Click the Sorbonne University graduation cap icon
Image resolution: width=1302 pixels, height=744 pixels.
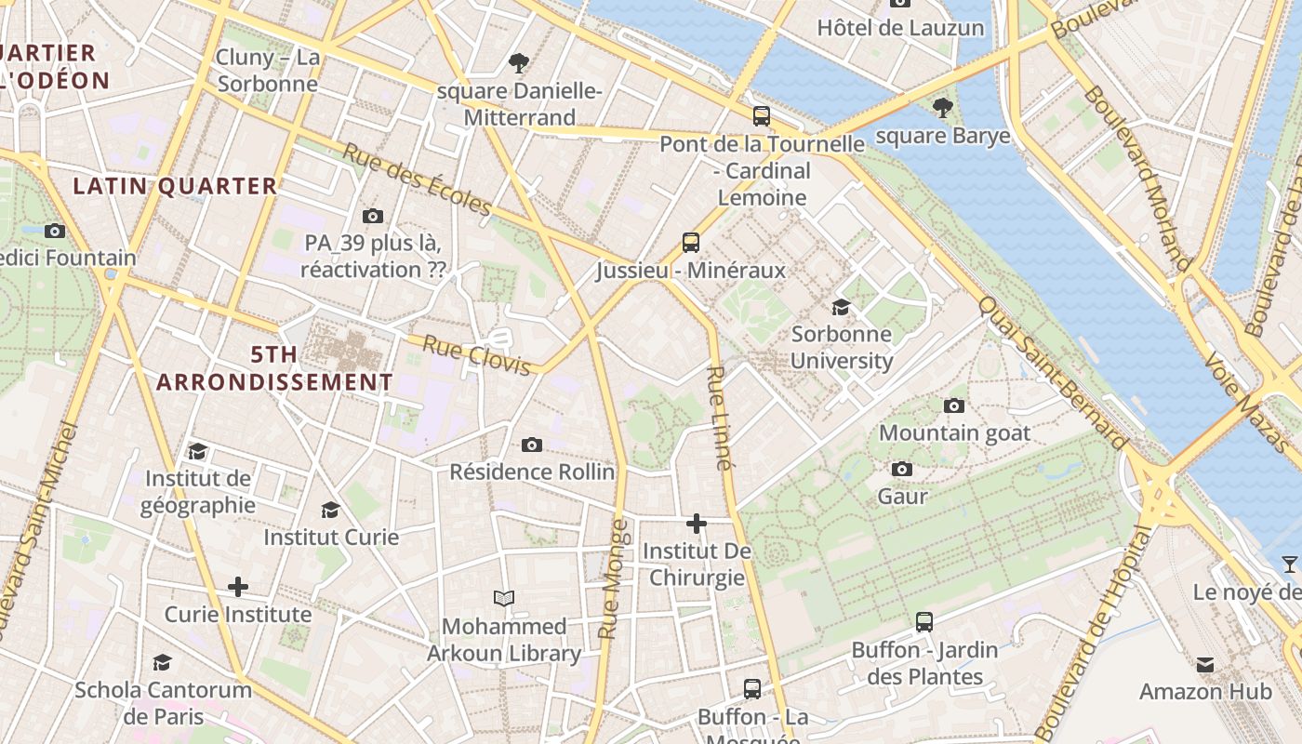[841, 307]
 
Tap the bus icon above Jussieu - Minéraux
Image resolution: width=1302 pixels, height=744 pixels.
[690, 243]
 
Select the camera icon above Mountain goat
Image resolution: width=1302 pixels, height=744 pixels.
[953, 405]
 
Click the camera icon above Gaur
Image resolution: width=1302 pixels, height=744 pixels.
[901, 469]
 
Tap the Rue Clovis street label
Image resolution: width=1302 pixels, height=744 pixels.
[476, 356]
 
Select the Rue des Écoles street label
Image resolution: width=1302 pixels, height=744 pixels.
[417, 179]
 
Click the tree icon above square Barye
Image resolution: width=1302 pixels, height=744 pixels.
[942, 107]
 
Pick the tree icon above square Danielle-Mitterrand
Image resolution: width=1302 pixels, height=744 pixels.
[519, 63]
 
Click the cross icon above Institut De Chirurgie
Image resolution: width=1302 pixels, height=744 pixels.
[696, 524]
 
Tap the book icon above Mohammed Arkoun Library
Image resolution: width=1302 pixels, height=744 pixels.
[504, 598]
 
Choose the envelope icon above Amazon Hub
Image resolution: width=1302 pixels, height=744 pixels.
[1205, 664]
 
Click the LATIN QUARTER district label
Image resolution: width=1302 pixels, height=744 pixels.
[176, 186]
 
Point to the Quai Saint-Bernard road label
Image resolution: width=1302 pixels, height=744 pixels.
[1053, 374]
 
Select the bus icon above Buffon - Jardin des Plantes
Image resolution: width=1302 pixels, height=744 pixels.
[923, 622]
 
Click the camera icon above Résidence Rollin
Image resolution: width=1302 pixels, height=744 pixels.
[531, 445]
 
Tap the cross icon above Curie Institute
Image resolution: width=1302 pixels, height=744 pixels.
[238, 587]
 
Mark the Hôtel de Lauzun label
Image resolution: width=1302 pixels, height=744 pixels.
[900, 28]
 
